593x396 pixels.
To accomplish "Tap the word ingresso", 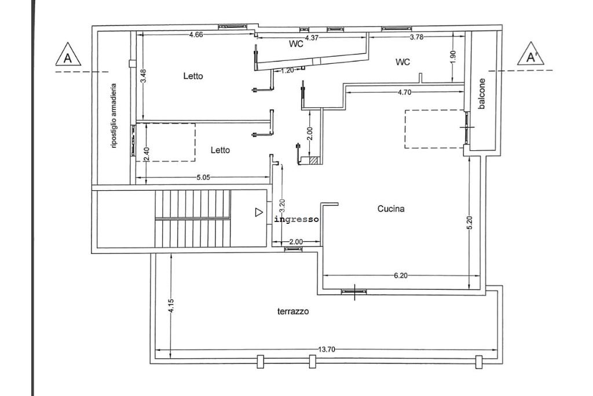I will point(297,220).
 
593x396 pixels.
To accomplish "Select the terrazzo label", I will point(293,311).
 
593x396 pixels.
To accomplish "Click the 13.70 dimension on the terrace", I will point(327,350).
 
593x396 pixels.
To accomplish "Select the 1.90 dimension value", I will point(453,57).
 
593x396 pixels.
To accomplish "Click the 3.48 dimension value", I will point(143,76).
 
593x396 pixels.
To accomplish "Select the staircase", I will point(192,218).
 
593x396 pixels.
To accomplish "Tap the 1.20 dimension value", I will point(287,71).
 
